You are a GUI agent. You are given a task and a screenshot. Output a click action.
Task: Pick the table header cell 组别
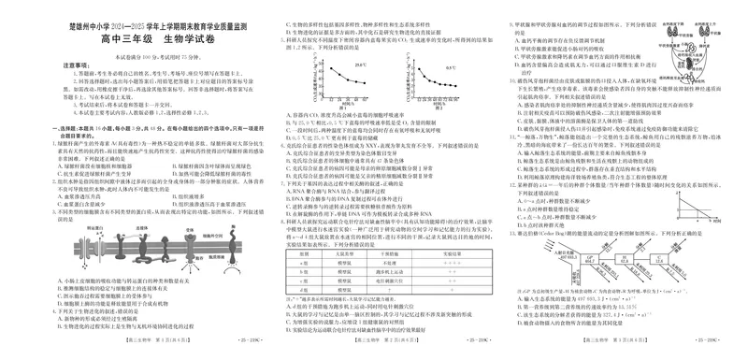coord(303,252)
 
